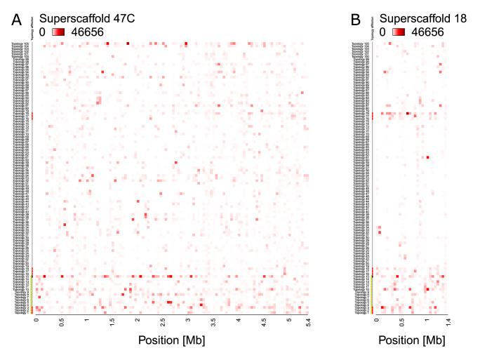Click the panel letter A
pos(17,21)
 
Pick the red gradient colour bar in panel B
pos(399,32)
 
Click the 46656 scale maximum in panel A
pos(88,32)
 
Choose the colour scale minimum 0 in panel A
pos(43,32)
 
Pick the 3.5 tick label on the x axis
pos(213,321)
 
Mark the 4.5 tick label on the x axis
pos(264,321)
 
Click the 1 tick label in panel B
pos(426,321)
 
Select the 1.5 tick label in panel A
pos(112,321)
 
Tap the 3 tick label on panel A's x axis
pos(187,321)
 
